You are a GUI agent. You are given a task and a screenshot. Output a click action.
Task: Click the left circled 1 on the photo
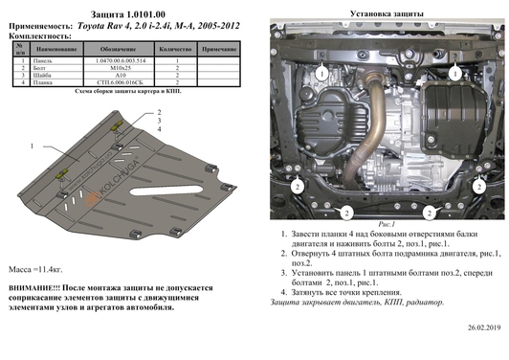point(323,73)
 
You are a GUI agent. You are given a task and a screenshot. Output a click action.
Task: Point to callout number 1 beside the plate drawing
point(32,146)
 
